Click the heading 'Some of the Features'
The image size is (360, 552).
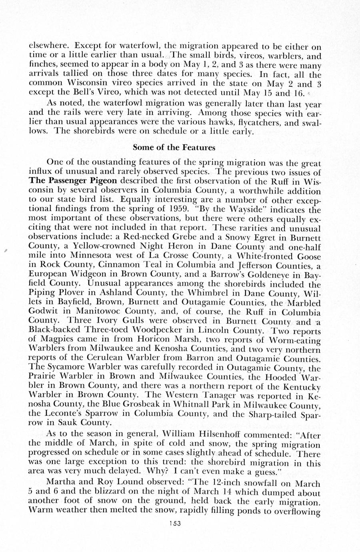[174, 148]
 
